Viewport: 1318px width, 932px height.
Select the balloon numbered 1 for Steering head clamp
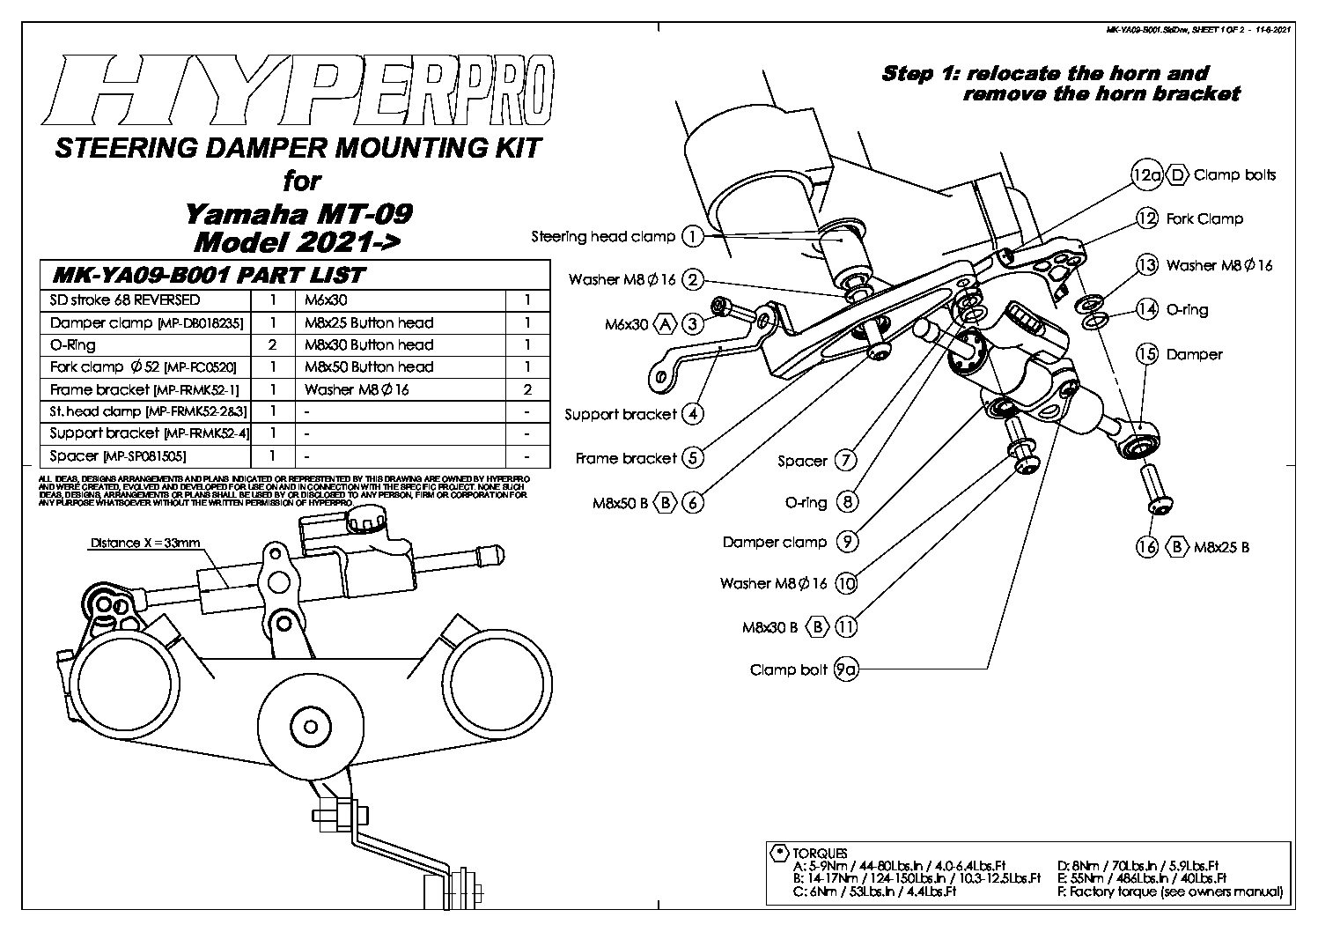click(x=693, y=236)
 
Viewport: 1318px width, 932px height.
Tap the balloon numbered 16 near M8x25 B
click(x=1146, y=547)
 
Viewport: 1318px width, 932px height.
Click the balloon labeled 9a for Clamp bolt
click(x=845, y=670)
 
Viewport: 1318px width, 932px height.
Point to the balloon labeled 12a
click(x=1146, y=175)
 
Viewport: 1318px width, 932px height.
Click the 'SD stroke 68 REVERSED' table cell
click(x=125, y=300)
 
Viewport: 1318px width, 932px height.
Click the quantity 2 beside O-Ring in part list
click(x=273, y=345)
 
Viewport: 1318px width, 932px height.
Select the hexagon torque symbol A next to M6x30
click(x=665, y=325)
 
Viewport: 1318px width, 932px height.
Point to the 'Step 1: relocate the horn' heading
click(x=1045, y=74)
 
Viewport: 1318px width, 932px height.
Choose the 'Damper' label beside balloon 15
click(x=1194, y=355)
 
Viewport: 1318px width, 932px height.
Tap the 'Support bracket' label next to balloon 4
click(x=621, y=414)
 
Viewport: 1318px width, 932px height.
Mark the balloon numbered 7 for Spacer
click(x=845, y=460)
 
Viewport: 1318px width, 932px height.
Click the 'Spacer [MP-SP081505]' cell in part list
click(x=118, y=456)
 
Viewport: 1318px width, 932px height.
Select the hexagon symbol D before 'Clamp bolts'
click(x=1178, y=175)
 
